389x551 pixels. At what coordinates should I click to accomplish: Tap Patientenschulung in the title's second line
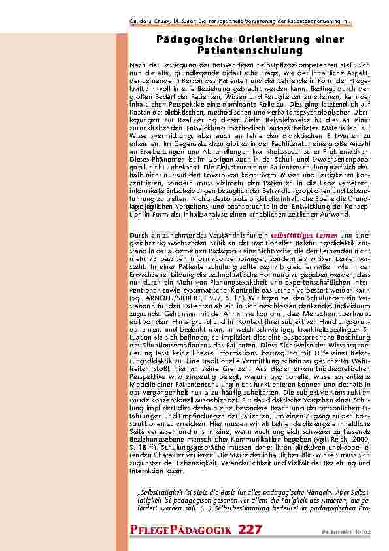(250, 50)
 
